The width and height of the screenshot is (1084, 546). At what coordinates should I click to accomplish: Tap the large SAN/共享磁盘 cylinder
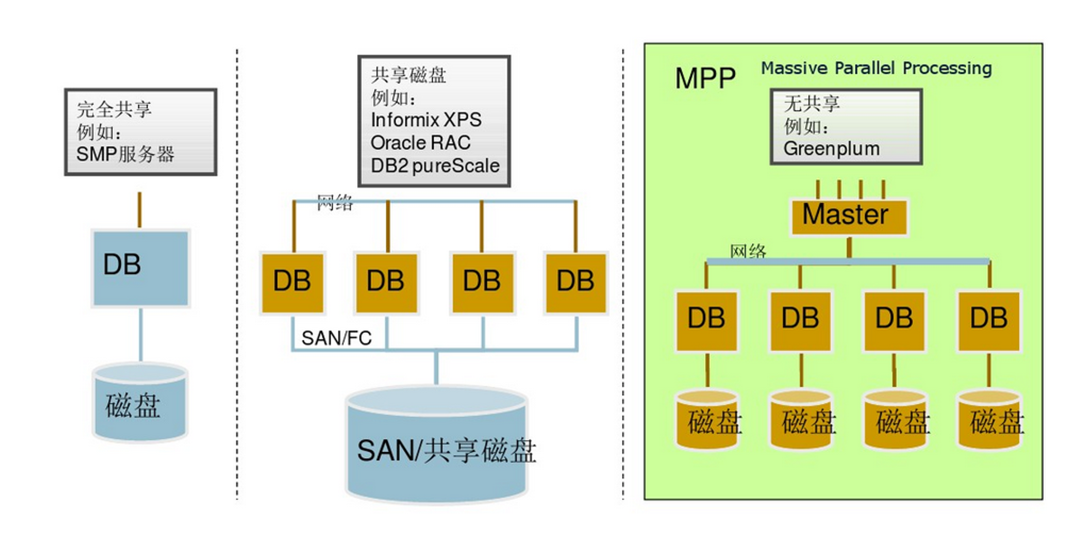(436, 446)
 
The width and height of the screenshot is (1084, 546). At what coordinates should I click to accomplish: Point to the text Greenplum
(831, 149)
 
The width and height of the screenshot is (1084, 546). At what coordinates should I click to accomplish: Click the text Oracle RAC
(420, 143)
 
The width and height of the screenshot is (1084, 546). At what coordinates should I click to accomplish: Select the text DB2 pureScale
(435, 166)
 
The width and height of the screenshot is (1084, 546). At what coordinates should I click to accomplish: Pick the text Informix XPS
(426, 120)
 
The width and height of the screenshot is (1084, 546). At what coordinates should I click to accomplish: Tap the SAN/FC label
(337, 338)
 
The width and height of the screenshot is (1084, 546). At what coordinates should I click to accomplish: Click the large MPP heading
(705, 78)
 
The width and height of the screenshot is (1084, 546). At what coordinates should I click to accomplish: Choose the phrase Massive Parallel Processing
(876, 68)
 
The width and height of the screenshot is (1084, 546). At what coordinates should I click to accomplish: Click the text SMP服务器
(125, 154)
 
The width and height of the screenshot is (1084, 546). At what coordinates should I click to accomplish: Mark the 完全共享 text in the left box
(114, 110)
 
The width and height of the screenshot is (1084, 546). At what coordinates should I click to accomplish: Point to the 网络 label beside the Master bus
(748, 252)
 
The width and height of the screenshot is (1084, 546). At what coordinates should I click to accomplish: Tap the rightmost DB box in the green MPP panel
(989, 320)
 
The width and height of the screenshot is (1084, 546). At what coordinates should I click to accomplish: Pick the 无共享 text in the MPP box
(812, 104)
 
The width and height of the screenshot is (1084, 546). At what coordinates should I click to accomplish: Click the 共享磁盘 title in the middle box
(408, 75)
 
